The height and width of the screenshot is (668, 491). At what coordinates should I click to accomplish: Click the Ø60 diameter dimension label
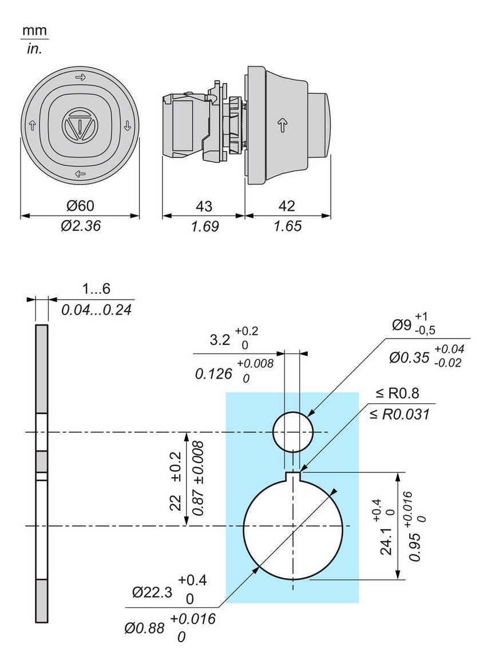[x=80, y=206]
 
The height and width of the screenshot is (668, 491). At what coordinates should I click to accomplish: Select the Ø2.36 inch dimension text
[x=80, y=226]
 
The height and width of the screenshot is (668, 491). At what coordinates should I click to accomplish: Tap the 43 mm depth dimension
[x=204, y=206]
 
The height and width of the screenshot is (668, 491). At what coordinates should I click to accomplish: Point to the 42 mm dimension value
[x=287, y=206]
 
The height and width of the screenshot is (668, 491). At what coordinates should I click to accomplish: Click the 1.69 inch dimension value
[x=204, y=226]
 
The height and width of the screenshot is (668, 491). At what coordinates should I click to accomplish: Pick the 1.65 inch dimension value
[x=287, y=226]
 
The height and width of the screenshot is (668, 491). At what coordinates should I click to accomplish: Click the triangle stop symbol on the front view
[x=80, y=124]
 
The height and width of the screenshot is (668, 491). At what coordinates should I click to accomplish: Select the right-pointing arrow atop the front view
[x=80, y=77]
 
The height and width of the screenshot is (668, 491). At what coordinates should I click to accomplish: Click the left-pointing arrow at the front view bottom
[x=80, y=174]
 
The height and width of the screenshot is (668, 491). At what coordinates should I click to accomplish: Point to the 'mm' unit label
[x=35, y=30]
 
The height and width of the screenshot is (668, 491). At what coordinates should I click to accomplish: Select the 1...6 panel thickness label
[x=96, y=290]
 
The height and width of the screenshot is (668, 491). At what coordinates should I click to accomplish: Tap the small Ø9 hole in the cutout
[x=293, y=432]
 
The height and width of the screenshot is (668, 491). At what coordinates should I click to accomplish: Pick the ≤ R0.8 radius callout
[x=398, y=393]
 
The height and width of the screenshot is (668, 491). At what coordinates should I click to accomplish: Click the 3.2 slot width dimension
[x=220, y=339]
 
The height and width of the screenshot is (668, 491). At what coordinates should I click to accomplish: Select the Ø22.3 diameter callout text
[x=152, y=593]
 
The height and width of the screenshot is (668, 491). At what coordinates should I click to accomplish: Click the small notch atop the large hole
[x=293, y=474]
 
